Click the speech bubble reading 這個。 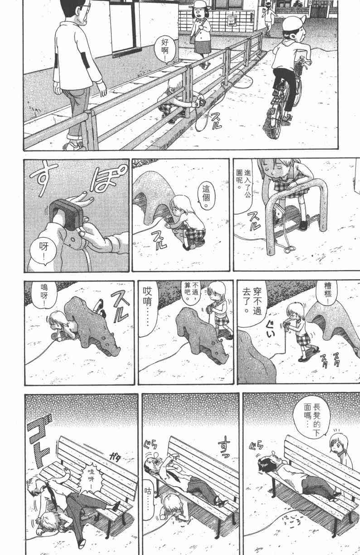206,196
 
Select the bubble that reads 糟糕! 327,294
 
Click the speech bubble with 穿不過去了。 252,301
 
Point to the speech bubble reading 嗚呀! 44,296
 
